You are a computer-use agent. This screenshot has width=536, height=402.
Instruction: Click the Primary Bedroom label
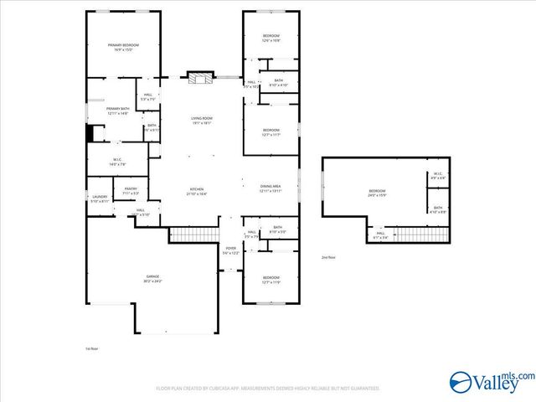(x=122, y=48)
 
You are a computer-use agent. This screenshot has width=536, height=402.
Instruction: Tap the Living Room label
(x=201, y=121)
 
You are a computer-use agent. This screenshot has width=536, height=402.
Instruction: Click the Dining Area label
(x=270, y=189)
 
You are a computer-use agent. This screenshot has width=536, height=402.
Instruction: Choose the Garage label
(x=153, y=278)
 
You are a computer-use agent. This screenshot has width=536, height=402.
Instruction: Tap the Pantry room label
(x=131, y=191)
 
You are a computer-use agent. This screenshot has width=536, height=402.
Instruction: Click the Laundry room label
(x=100, y=199)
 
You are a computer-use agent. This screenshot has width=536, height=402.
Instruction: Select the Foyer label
(x=231, y=250)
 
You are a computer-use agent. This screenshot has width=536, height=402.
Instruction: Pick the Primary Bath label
(x=117, y=111)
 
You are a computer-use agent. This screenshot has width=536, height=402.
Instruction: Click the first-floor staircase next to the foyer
(x=193, y=234)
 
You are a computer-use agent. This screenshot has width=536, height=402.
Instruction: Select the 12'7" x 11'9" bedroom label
(x=271, y=281)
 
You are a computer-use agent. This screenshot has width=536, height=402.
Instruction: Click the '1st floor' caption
(x=91, y=348)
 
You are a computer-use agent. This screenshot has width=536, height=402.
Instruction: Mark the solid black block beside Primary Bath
(x=90, y=134)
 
